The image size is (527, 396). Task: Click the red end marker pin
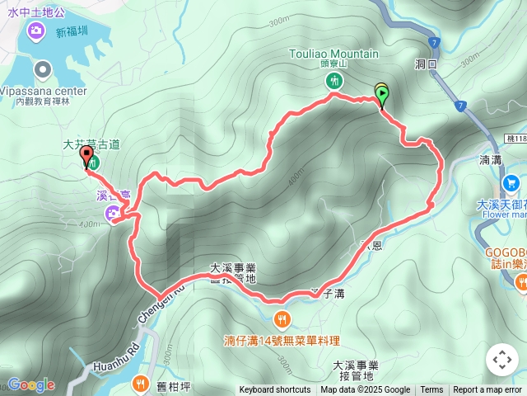(86, 157)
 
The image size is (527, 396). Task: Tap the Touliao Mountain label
(333, 54)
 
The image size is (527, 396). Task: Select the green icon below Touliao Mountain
(333, 80)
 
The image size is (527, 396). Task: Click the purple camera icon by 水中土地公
(35, 31)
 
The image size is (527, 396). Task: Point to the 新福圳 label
(72, 33)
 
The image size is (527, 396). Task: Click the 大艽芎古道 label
(91, 144)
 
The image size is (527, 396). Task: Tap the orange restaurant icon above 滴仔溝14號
(282, 318)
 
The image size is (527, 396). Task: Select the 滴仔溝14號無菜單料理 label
(282, 340)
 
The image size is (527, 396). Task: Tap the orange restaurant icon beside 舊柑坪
(140, 384)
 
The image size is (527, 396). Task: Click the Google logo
(30, 384)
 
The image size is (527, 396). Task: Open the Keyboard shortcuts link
(275, 390)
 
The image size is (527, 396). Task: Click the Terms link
(431, 390)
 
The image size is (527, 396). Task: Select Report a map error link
(487, 390)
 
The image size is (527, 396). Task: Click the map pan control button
(501, 360)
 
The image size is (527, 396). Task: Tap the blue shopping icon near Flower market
(511, 182)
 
